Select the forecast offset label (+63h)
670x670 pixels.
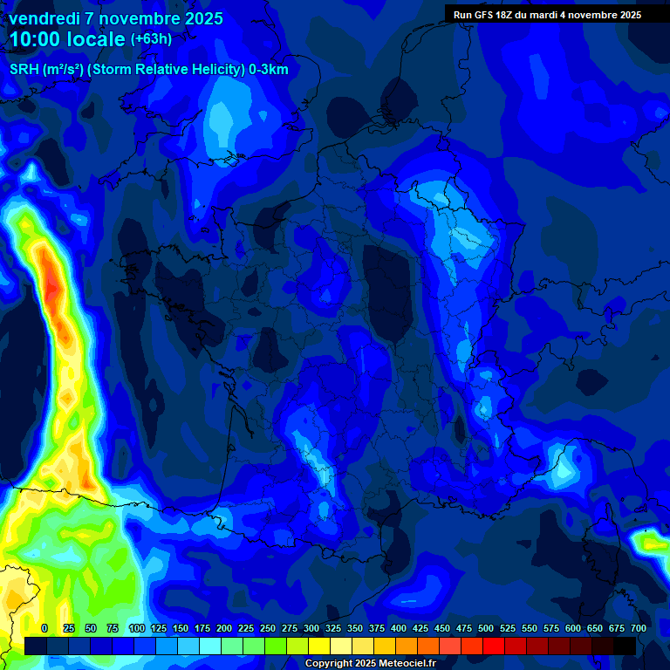coord(152,39)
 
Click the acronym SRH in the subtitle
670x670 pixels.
coord(26,70)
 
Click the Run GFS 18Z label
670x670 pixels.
coord(489,15)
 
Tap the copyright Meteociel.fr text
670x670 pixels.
coord(370,664)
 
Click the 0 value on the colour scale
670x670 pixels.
coord(44,628)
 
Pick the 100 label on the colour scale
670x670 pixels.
coord(136,628)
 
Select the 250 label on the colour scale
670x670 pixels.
coord(267,628)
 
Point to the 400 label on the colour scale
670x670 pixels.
coord(398,628)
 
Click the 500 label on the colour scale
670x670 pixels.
coord(485,628)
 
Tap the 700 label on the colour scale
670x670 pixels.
coord(638,628)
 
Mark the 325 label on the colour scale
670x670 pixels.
coord(332,628)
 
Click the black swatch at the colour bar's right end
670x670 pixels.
coord(625,646)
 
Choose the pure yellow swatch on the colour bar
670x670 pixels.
coord(319,646)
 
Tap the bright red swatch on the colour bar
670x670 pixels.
coord(494,646)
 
